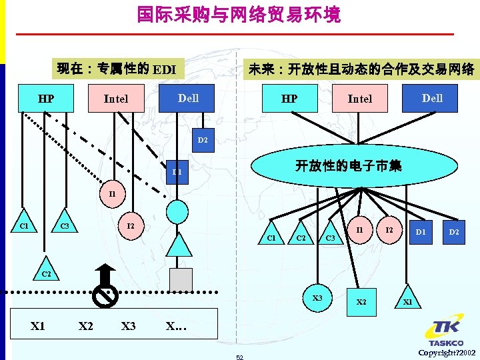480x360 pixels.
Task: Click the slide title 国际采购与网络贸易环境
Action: [239, 15]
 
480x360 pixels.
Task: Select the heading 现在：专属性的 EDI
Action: [116, 69]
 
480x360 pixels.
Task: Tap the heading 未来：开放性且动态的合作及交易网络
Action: [361, 69]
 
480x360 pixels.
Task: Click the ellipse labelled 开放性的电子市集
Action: [348, 166]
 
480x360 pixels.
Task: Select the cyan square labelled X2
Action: [361, 301]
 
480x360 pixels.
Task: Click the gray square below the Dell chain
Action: [180, 279]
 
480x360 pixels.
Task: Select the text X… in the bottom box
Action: [176, 326]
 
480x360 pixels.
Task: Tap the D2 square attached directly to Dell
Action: [202, 140]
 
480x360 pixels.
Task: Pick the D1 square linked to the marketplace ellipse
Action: [421, 232]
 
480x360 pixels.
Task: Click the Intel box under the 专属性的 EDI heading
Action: [116, 99]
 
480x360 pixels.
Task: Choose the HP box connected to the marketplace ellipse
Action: [289, 99]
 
